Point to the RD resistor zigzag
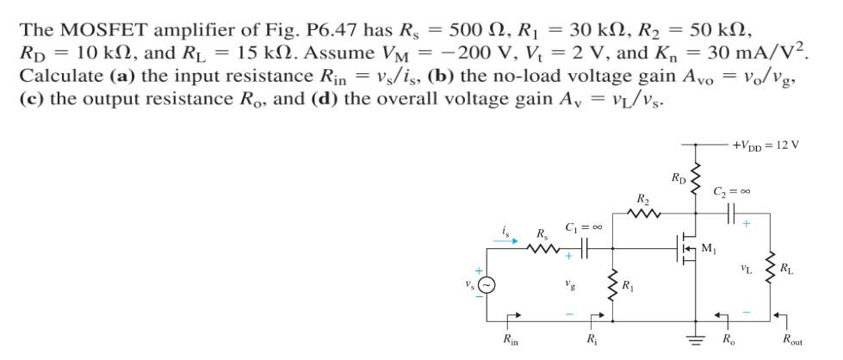[x=696, y=177]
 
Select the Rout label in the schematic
[x=790, y=340]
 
